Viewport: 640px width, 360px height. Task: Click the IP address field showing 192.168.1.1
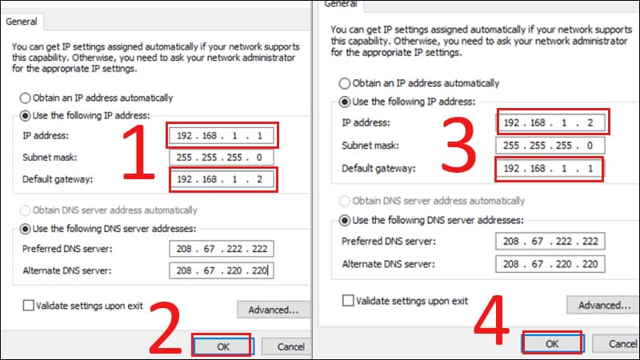(222, 135)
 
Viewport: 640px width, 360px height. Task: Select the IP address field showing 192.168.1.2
(550, 122)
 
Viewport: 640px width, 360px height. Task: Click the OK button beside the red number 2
(223, 346)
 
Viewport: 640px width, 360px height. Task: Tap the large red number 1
(139, 152)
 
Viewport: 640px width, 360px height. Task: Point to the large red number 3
(459, 144)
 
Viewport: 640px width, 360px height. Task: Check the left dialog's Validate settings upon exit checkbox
(28, 306)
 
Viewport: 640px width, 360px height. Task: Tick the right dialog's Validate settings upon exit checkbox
(348, 301)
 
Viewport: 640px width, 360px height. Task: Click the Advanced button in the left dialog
(274, 310)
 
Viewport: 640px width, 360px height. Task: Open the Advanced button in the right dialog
(603, 305)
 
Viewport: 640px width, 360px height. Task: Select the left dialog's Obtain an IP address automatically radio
(25, 98)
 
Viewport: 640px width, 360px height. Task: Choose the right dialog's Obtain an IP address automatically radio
(345, 83)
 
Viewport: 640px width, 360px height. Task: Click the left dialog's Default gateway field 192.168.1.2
(222, 179)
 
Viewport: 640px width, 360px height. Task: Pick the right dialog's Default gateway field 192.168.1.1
(550, 168)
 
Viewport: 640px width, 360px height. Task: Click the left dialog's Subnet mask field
(222, 158)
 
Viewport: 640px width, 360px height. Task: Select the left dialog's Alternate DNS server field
(222, 270)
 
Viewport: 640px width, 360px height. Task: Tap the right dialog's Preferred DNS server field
(550, 242)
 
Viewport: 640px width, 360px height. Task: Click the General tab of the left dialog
(22, 22)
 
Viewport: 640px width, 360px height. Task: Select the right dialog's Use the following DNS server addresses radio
(345, 221)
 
